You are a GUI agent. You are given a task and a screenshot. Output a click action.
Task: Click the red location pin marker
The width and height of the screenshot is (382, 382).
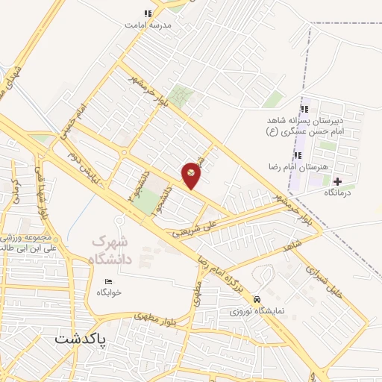[x=192, y=175]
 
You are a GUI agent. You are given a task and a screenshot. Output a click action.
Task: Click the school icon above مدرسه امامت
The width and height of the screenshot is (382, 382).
[x=148, y=13]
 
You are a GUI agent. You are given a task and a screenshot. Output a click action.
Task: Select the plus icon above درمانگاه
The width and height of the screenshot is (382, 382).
[x=338, y=181]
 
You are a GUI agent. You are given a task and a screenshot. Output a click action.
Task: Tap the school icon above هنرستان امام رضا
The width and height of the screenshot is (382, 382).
[x=298, y=155]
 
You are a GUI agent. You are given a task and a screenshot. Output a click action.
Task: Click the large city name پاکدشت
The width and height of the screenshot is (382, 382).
[x=81, y=339]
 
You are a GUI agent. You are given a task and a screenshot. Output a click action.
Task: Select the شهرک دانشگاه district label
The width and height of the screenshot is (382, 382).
[x=114, y=251]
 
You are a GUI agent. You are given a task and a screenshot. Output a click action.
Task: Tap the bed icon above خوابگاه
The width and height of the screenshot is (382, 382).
[x=110, y=281]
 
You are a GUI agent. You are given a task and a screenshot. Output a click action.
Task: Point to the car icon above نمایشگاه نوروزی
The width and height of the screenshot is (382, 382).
[x=257, y=297]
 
